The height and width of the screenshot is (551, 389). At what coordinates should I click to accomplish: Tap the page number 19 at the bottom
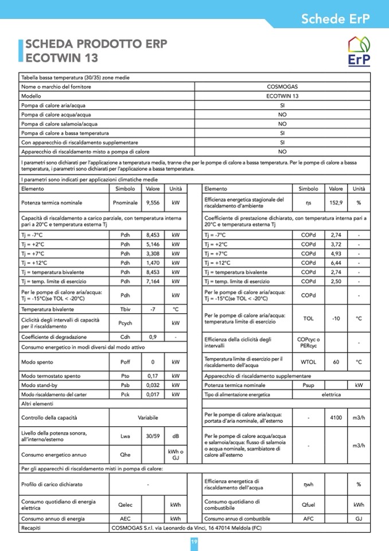coord(194,542)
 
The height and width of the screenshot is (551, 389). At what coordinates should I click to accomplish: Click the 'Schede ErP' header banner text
coord(336,18)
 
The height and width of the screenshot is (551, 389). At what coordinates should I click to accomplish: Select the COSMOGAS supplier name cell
coord(282,87)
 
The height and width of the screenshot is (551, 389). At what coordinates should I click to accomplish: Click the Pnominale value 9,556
coord(153,203)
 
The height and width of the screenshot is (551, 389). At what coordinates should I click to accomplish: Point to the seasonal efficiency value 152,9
coord(336,203)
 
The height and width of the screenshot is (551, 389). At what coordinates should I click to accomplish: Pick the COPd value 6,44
coord(336,263)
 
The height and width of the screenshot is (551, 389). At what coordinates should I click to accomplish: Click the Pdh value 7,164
coord(153,282)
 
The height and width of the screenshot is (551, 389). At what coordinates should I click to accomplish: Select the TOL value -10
coord(336,318)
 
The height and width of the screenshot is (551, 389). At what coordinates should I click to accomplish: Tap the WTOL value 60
coord(336,363)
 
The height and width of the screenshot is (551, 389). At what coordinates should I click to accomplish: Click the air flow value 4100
coord(336,418)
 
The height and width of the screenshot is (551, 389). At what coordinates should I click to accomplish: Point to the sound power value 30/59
coord(153,436)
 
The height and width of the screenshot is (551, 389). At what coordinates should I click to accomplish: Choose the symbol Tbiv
coord(125,309)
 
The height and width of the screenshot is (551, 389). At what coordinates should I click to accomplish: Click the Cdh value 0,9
coord(153,337)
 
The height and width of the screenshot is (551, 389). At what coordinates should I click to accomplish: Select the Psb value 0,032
coord(153,385)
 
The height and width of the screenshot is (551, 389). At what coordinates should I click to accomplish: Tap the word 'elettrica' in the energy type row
coord(331,395)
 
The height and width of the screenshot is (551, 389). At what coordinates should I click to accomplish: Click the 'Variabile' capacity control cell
coord(148,418)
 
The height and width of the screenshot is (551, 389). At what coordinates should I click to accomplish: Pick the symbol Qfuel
coord(308,505)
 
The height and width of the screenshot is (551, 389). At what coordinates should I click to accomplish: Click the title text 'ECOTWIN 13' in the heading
coord(62,57)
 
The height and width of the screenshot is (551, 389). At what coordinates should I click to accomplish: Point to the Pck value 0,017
coord(153,395)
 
